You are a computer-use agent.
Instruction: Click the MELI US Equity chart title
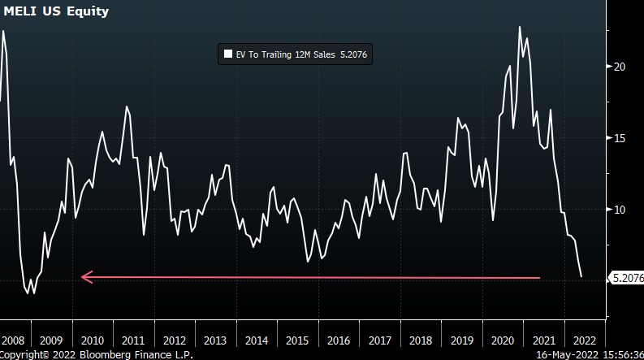click(x=56, y=12)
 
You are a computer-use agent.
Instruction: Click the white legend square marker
click(x=227, y=54)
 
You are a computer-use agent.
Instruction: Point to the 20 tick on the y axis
click(x=619, y=67)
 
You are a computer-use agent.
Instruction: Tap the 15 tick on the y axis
click(x=619, y=138)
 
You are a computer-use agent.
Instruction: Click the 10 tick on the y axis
click(x=619, y=210)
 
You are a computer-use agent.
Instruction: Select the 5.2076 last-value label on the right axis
click(x=627, y=278)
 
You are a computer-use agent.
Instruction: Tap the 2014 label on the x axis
click(x=256, y=340)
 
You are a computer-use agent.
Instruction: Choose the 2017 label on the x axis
click(x=379, y=340)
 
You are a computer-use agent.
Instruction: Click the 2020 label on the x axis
click(x=503, y=340)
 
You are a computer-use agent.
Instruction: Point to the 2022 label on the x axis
click(x=585, y=340)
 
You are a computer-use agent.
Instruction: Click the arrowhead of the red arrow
click(x=84, y=278)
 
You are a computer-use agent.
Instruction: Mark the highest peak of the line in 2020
click(x=519, y=27)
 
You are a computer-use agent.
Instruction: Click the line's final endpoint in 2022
click(x=581, y=277)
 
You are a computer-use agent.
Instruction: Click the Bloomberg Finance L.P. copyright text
click(x=97, y=354)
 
